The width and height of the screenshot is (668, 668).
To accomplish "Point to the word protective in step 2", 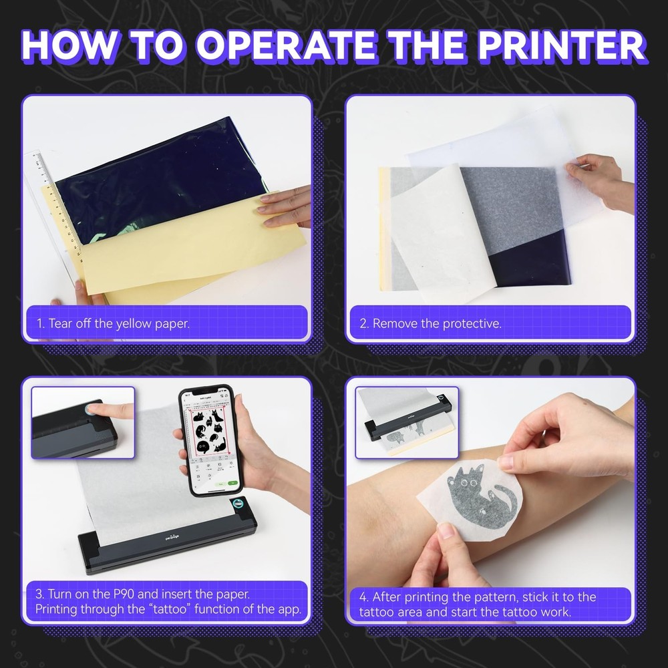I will coord(467,324).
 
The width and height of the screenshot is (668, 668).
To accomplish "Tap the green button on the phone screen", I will coord(231,482).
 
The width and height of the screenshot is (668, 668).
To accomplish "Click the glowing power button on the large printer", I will coord(237,505).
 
